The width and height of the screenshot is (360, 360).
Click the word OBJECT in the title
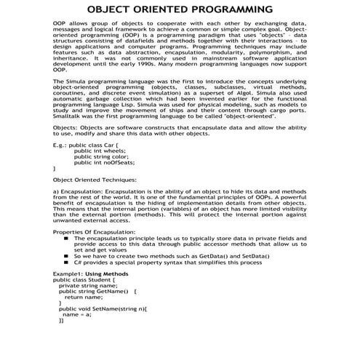pyautogui.click(x=110, y=9)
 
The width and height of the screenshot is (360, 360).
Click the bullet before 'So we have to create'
pyautogui.click(x=67, y=256)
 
